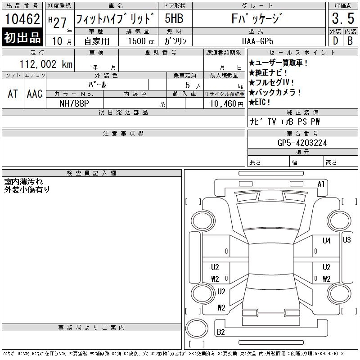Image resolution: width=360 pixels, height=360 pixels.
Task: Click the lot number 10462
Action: tap(22, 19)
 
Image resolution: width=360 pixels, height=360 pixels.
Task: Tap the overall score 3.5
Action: tap(343, 18)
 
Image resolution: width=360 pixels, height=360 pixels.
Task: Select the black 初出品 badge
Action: tap(22, 37)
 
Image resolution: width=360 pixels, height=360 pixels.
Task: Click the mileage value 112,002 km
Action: tap(46, 64)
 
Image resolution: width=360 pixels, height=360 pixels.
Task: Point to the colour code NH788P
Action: tap(74, 103)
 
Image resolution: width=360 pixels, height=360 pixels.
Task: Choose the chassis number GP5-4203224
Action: tap(302, 143)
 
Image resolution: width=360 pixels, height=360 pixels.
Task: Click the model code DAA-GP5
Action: tap(257, 41)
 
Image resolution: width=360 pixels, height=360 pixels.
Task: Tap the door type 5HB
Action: tap(174, 18)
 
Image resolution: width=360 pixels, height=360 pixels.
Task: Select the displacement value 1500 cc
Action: tap(141, 41)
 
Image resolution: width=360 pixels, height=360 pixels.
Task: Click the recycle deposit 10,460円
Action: tap(227, 104)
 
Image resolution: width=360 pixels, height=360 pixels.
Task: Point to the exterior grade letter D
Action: tap(335, 41)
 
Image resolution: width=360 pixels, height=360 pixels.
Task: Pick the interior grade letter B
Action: tap(350, 41)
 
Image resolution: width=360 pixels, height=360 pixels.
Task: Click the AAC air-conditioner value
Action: tap(35, 94)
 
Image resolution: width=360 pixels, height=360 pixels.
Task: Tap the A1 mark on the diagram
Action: tap(321, 184)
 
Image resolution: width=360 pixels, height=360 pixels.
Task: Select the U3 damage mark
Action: tap(346, 240)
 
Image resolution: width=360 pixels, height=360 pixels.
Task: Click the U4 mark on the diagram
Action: tap(327, 241)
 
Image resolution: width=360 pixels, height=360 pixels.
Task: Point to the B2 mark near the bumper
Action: tap(220, 332)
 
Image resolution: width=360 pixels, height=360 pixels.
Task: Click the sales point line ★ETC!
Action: tap(260, 102)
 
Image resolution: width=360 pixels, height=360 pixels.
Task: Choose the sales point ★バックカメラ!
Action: tap(274, 92)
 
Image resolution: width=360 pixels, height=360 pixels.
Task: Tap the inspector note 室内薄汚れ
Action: tap(24, 182)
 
